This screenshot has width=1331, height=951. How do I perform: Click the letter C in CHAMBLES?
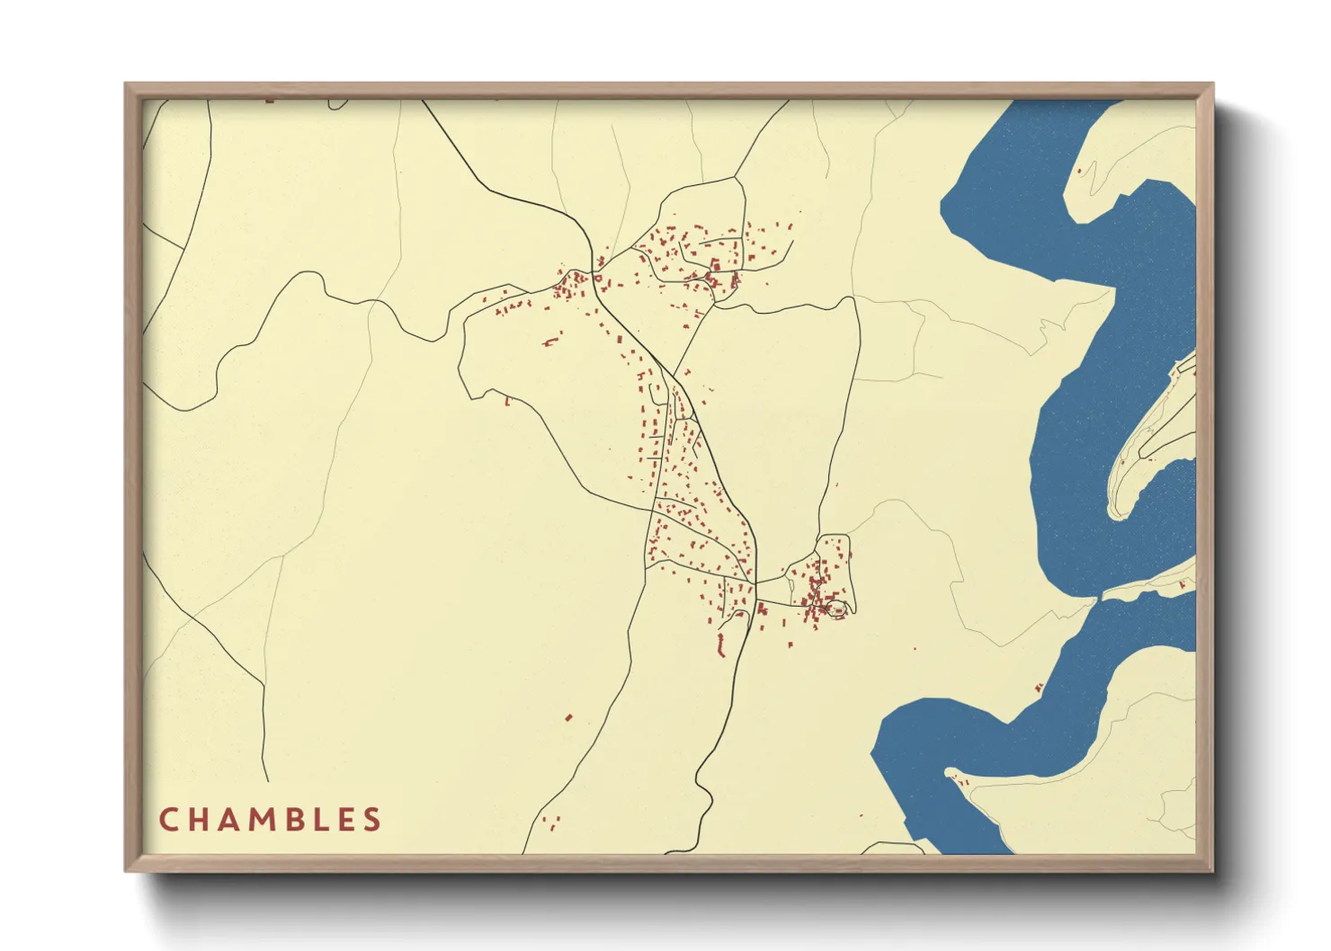[x=167, y=820]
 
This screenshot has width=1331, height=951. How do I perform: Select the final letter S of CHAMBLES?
[x=372, y=820]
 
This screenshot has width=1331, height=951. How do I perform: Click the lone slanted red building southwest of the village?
[x=568, y=717]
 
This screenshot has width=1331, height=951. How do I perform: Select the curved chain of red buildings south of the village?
[x=720, y=644]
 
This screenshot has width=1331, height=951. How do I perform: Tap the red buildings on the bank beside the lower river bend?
[x=1039, y=689]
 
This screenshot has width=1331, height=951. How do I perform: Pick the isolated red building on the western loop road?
[x=507, y=402]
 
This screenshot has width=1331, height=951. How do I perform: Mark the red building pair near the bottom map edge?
[x=552, y=821]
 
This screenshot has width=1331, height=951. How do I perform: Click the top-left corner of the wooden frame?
[x=125, y=84]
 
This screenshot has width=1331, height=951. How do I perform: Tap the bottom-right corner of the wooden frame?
[x=1214, y=872]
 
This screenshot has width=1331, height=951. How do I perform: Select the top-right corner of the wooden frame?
[x=1214, y=84]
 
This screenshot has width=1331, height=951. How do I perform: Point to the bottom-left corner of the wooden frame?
[x=125, y=872]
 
